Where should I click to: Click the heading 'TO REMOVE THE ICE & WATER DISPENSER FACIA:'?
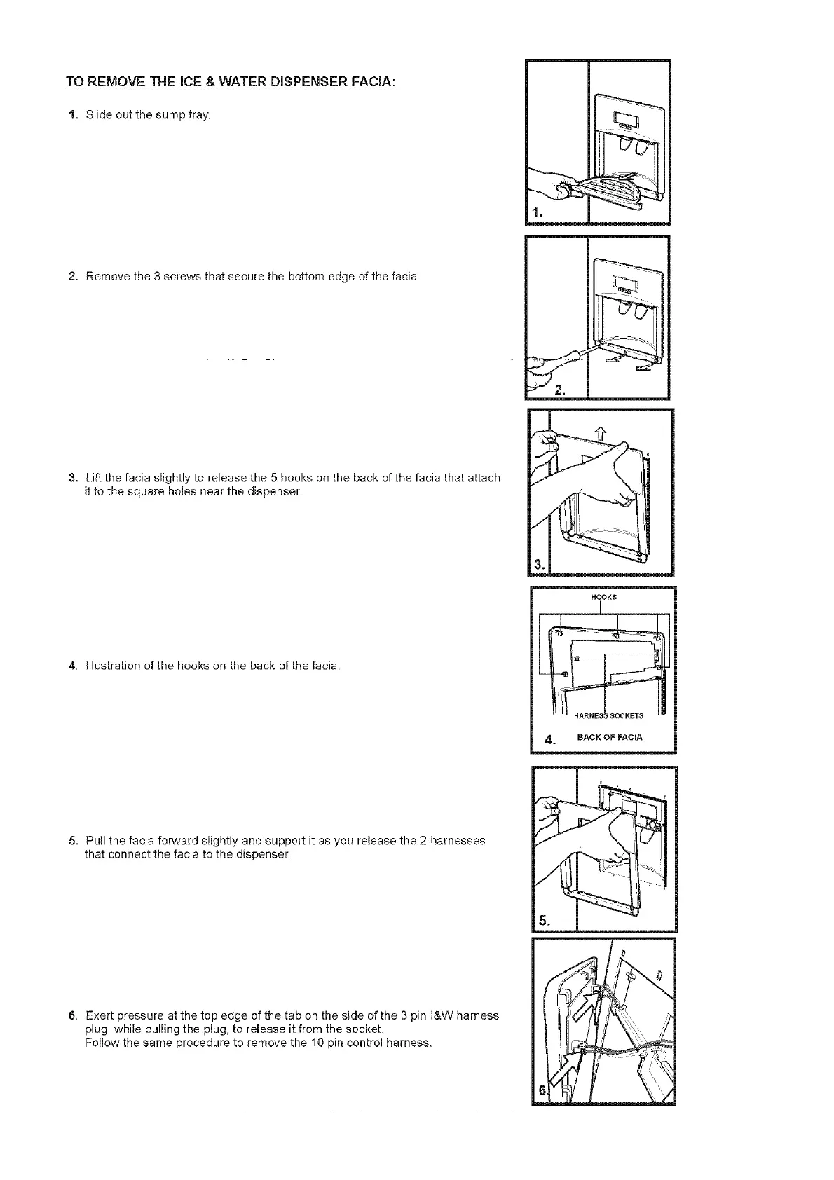coord(231,82)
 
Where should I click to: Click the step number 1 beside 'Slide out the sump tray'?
coord(72,115)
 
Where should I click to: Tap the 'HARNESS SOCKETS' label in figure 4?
coord(608,716)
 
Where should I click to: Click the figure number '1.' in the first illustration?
coord(537,212)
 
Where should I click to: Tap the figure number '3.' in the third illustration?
coord(539,564)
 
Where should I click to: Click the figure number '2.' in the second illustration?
coord(559,390)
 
